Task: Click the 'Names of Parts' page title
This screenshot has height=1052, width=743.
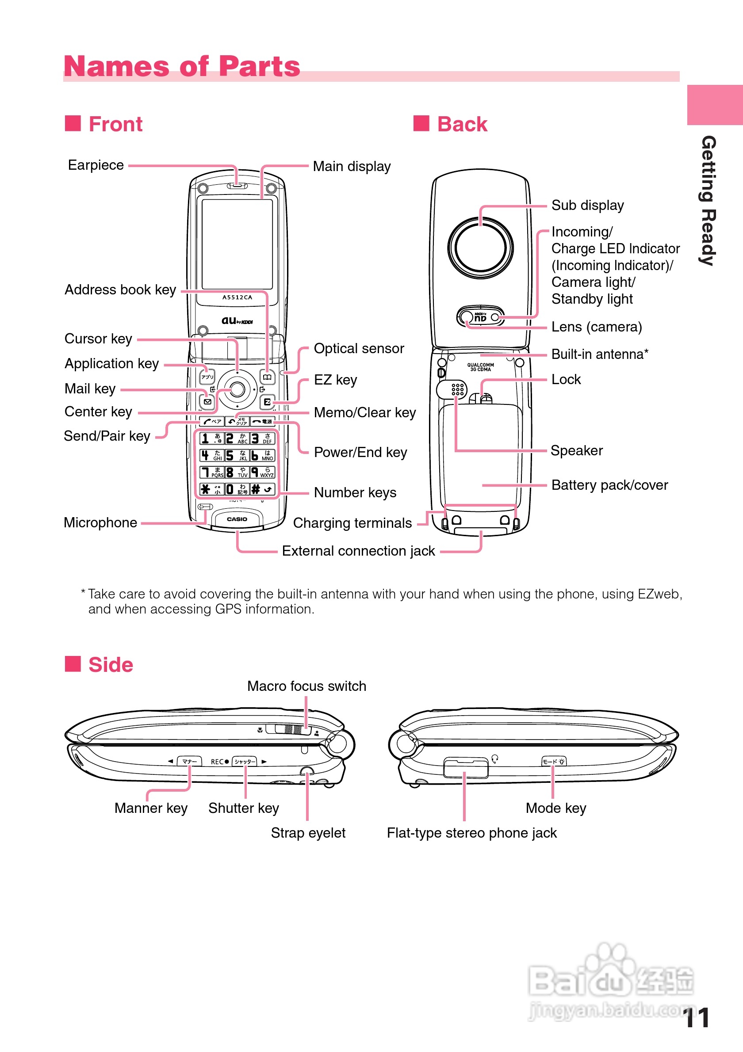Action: point(181,66)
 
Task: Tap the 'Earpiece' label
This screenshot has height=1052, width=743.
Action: point(96,165)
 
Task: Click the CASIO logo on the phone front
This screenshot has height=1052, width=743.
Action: point(237,519)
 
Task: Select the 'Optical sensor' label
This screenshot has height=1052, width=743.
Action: point(358,349)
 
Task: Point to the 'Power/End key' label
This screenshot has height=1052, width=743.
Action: point(360,453)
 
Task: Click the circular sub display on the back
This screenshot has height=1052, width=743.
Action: point(480,248)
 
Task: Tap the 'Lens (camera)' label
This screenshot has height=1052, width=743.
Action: point(596,327)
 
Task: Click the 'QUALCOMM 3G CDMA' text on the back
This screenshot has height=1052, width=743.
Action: point(480,367)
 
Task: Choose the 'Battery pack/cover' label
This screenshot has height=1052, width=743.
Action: point(609,485)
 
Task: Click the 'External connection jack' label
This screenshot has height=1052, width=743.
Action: point(358,551)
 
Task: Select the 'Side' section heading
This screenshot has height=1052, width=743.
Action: point(111,665)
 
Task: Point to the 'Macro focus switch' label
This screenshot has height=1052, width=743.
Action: point(306,686)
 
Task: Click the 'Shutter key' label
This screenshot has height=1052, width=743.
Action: point(243,808)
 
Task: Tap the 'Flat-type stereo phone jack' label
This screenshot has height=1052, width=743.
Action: point(471,833)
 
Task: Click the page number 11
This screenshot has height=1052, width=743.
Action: point(696,1018)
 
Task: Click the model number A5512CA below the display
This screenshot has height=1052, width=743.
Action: point(237,297)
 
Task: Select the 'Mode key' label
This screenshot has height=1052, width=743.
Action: point(555,808)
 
